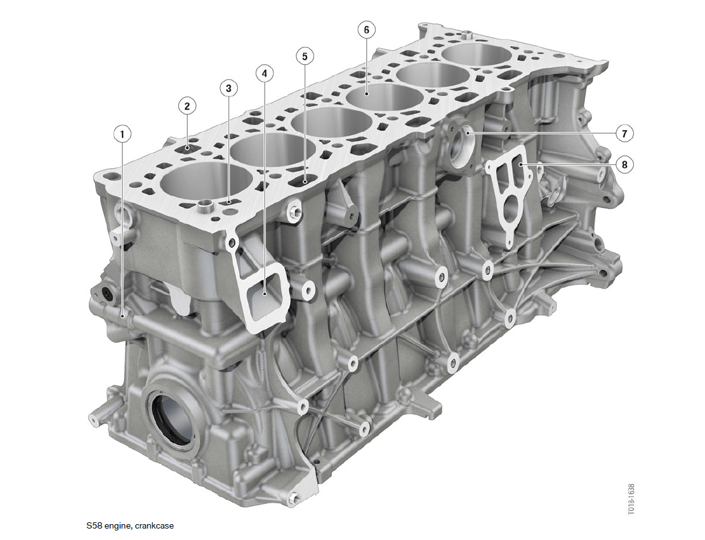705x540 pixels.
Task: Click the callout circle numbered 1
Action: (x=122, y=134)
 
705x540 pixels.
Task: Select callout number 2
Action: (x=187, y=106)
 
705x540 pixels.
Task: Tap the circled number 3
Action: (x=229, y=88)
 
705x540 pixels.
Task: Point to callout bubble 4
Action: (x=265, y=73)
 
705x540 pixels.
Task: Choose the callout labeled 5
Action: (x=305, y=56)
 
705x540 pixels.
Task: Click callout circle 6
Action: (x=366, y=30)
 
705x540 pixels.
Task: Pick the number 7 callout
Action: (x=624, y=133)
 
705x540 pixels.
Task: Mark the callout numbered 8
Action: (x=624, y=164)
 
